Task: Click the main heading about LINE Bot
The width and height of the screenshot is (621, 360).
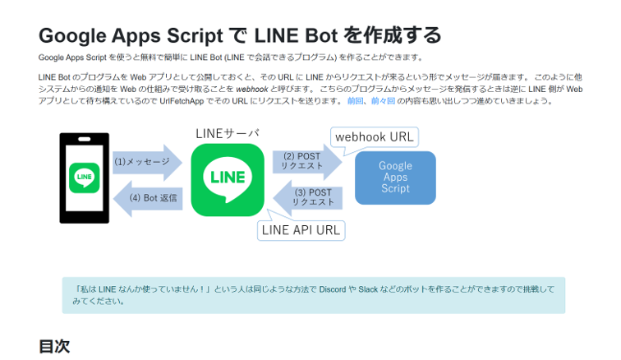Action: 240,35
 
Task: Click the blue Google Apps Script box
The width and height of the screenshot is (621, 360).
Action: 395,178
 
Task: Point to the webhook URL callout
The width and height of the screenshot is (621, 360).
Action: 374,136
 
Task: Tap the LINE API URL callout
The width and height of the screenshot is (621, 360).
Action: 301,230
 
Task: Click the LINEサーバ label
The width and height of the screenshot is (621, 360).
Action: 228,133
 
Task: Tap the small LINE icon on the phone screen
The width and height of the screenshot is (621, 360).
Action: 84,177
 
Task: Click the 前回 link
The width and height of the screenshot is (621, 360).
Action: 355,100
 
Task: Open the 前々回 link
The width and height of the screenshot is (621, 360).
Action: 382,100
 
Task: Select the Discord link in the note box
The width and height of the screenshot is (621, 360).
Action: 333,289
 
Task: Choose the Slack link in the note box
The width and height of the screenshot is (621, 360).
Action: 367,289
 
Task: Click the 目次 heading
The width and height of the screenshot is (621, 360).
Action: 54,346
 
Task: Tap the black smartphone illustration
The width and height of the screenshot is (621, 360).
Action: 84,178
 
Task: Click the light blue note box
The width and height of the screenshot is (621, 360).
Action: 313,295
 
